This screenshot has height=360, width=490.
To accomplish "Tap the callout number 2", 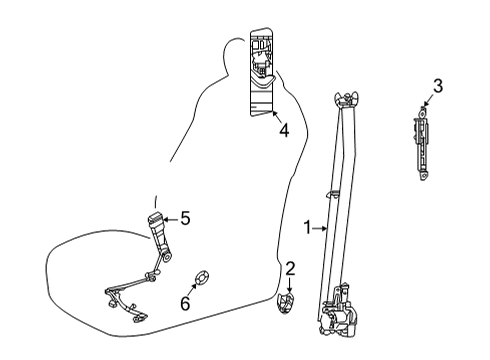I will click(x=290, y=268).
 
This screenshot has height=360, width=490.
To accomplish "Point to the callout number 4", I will click(x=284, y=129).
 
